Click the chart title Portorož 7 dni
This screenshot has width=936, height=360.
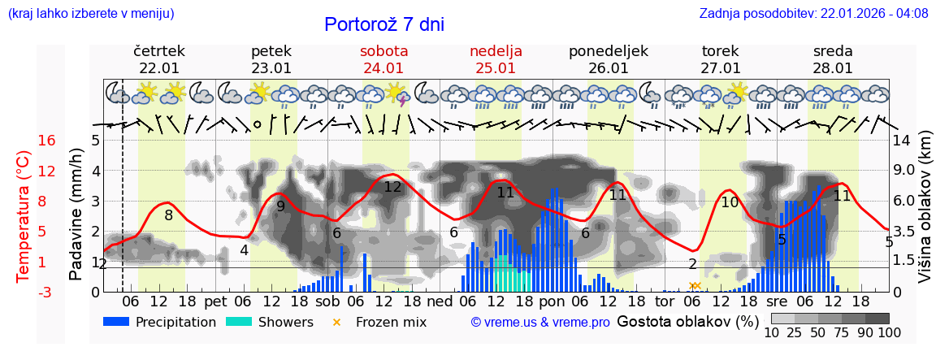[x=384, y=24]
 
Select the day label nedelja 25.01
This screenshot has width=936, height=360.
[x=496, y=59]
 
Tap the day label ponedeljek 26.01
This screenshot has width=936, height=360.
[x=608, y=59]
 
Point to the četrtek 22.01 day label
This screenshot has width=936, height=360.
[x=159, y=59]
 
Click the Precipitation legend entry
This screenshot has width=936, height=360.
[x=160, y=322]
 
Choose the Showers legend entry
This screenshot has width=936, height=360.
[x=269, y=322]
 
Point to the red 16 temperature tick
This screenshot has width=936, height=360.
[x=46, y=141]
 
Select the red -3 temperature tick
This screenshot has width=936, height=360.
[x=46, y=292]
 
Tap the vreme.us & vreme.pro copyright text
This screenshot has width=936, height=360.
[x=539, y=323]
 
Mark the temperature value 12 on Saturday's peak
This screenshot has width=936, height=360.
[x=392, y=187]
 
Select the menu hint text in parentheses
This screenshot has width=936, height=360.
[x=91, y=14]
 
